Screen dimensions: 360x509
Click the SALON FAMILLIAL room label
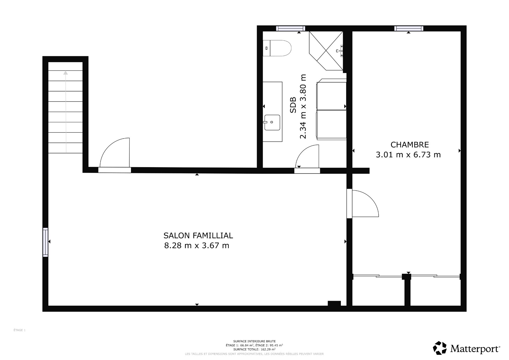[198, 236]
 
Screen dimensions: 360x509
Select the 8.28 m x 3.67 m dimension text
[196, 246]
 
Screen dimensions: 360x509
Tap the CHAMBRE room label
[410, 145]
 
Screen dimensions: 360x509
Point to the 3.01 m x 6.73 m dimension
[408, 155]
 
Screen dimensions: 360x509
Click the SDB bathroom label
[293, 105]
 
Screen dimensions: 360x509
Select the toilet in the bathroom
[277, 48]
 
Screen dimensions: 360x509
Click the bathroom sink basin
[272, 122]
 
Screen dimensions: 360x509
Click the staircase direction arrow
[66, 111]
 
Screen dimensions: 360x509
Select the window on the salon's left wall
[46, 242]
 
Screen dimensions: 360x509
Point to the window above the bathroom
[291, 28]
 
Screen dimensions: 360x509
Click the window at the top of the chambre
[409, 28]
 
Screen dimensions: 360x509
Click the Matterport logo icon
[440, 348]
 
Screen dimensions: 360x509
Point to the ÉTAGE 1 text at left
[20, 330]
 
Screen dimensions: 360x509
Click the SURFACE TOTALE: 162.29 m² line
[254, 349]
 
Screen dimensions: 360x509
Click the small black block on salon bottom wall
[334, 303]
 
